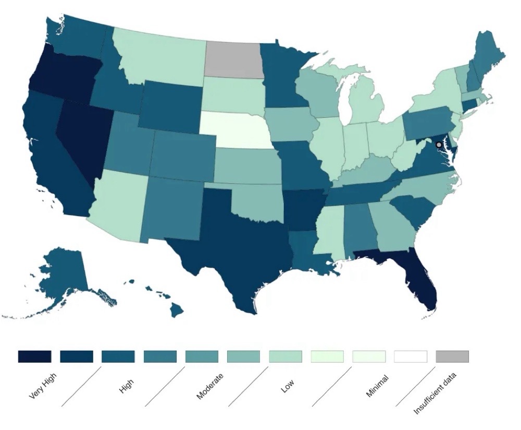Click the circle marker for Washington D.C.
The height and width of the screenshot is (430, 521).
pyautogui.click(x=439, y=145)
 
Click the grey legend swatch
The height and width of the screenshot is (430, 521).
pyautogui.click(x=452, y=356)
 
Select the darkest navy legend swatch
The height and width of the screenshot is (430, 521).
pyautogui.click(x=35, y=356)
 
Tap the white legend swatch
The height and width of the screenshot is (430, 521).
pyautogui.click(x=411, y=356)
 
